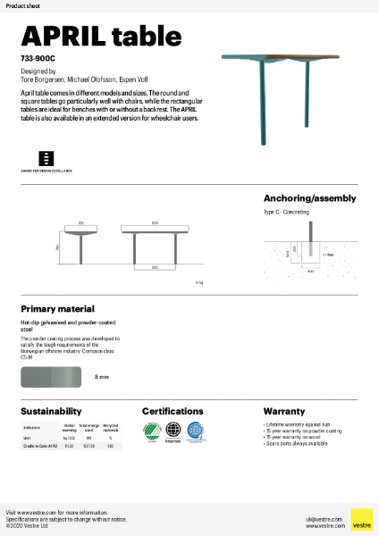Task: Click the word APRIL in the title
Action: tap(59, 35)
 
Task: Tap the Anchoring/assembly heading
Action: tap(309, 198)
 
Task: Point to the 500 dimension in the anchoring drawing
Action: tap(288, 254)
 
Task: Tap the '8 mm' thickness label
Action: tap(101, 378)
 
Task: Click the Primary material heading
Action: tap(57, 308)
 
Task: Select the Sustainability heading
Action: tap(52, 411)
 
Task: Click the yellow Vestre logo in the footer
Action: tap(361, 520)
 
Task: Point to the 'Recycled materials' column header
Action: tap(110, 429)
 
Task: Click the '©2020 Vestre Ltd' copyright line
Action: tap(28, 526)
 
